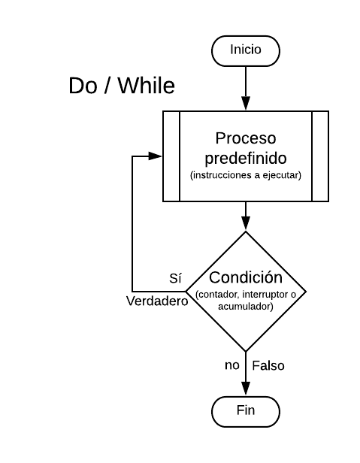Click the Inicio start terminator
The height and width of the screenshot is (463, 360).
point(245,50)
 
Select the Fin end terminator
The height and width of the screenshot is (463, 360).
point(245,410)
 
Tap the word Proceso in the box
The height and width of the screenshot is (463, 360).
point(246,138)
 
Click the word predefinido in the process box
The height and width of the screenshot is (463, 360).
point(246,159)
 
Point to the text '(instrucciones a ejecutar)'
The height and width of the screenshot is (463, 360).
point(246,176)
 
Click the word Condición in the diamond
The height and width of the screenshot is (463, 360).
point(246,277)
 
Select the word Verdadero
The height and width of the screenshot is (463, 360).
point(156,301)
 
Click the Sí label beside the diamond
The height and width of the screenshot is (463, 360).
point(175,278)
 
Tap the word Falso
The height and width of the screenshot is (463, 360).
point(268,366)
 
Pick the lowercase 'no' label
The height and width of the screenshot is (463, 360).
point(232,365)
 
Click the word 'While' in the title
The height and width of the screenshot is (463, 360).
point(145,86)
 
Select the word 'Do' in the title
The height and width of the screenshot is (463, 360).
point(82,86)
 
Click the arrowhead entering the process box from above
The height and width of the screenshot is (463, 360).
point(246,105)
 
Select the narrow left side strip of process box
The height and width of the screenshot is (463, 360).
point(171,156)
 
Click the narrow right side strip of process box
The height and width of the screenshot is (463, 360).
point(320,156)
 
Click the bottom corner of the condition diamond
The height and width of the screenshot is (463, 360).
point(246,350)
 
